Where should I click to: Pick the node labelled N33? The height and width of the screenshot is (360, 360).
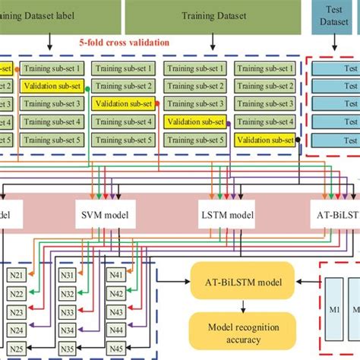[68, 313]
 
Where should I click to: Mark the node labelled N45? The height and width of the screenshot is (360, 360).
[116, 347]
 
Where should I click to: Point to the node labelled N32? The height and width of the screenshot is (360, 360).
[68, 295]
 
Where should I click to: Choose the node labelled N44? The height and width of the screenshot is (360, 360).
[116, 330]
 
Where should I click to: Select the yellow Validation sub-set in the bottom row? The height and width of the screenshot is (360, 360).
[264, 140]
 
